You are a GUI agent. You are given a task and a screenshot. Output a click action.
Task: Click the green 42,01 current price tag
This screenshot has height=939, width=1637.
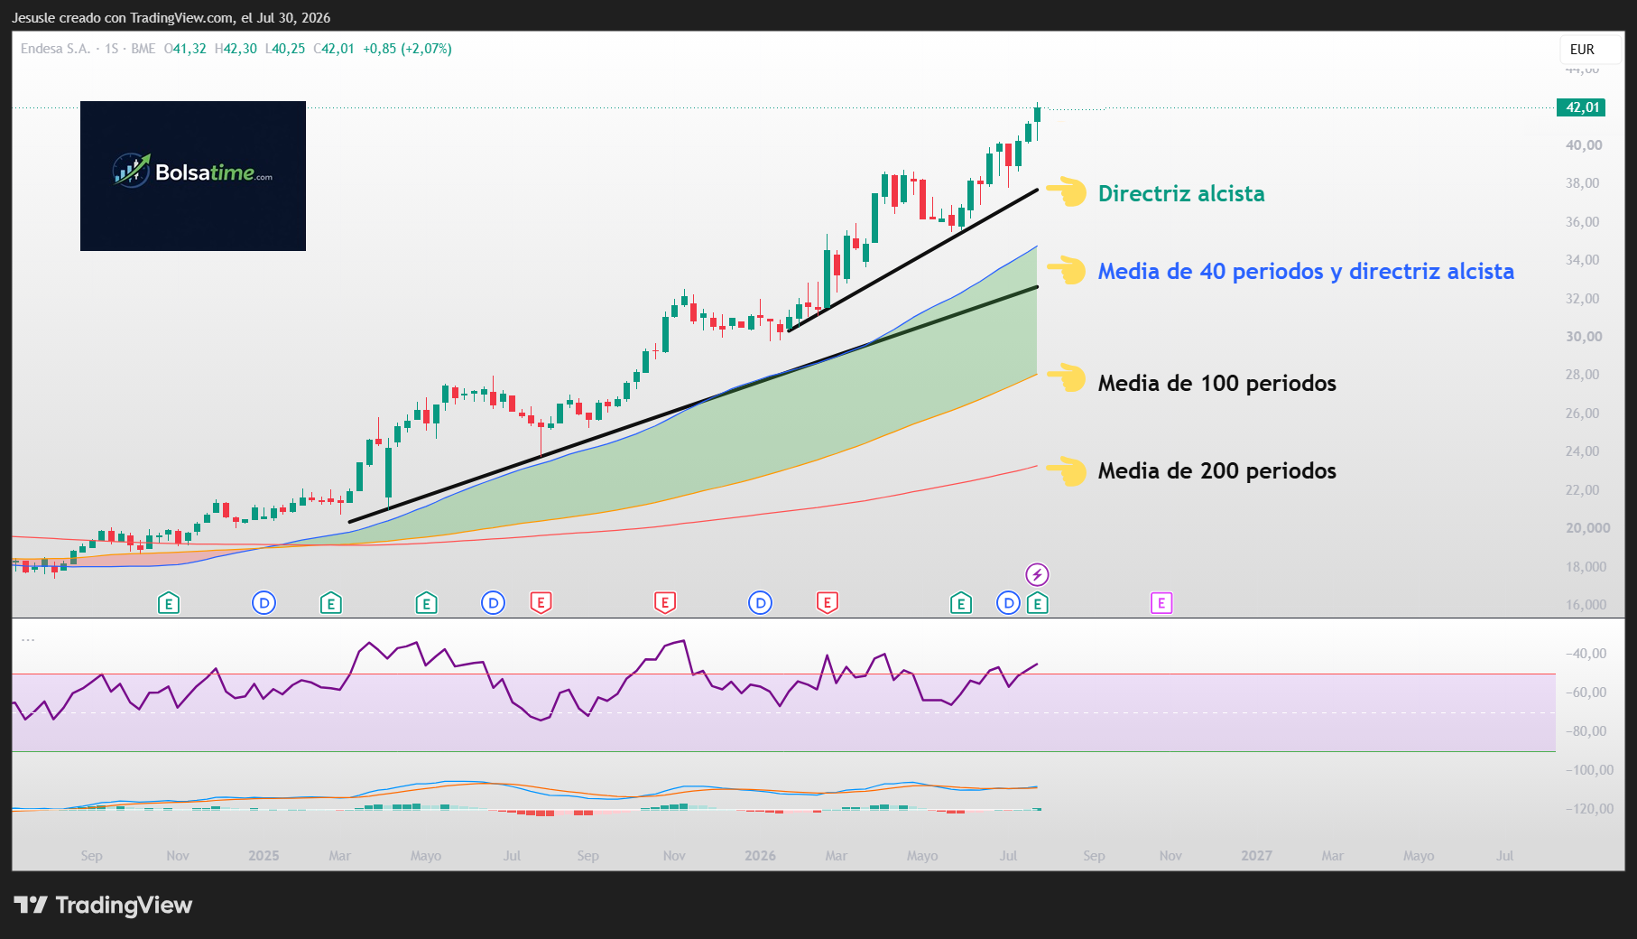point(1581,107)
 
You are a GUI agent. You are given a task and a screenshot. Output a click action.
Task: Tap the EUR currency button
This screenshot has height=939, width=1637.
point(1582,50)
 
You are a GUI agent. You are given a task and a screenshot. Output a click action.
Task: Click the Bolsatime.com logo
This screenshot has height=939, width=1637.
point(193,176)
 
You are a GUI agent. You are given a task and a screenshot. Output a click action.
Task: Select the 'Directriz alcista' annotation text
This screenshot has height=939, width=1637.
point(1181,194)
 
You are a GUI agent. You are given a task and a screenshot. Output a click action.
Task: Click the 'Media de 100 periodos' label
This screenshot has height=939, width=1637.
point(1216,384)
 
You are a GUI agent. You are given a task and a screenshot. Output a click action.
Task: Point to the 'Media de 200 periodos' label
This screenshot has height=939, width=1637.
point(1216,471)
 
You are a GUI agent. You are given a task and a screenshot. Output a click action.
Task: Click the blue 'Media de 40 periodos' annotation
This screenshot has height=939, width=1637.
point(1306,272)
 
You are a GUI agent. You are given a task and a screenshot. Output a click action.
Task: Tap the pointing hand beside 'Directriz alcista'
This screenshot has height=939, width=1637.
point(1067,191)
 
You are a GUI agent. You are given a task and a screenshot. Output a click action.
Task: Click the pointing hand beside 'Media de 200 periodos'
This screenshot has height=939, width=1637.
point(1067,470)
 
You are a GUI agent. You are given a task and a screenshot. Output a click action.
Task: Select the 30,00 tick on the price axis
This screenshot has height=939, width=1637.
point(1584,337)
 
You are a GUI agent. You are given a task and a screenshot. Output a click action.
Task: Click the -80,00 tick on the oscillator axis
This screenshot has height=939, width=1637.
point(1586,731)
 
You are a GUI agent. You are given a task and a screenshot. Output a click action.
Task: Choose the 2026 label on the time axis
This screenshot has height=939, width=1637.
point(760,856)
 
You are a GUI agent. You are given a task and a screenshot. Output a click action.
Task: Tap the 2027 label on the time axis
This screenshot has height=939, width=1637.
point(1256,856)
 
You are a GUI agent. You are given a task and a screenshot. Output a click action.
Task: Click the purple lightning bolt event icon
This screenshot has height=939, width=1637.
point(1037,574)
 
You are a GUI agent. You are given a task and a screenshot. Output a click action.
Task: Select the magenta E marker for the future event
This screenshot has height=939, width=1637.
point(1161,603)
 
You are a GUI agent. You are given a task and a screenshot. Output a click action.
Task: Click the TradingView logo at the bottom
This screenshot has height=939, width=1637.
point(103,905)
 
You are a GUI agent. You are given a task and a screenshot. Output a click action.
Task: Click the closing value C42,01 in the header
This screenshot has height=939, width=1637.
point(334,49)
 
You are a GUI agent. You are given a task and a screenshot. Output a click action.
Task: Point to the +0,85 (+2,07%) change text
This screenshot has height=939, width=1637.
point(407,49)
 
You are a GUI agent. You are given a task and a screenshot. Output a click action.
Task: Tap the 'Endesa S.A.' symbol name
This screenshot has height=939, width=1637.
point(55,49)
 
